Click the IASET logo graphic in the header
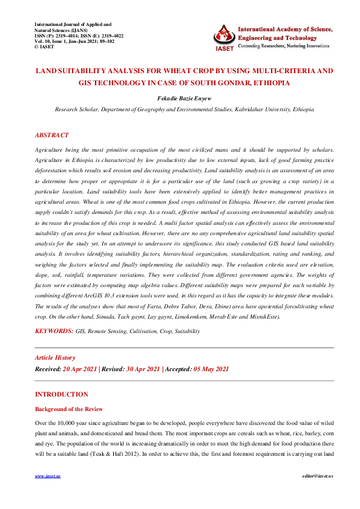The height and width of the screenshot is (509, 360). tap(223, 36)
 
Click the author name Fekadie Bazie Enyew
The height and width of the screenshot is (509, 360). tap(180, 97)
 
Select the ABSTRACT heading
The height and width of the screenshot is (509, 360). tap(52, 135)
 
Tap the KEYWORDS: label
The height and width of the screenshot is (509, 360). tap(54, 332)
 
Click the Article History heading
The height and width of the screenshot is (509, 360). tap(55, 358)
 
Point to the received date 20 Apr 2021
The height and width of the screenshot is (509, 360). tap(80, 369)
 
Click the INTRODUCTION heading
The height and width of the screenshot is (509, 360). tap(62, 394)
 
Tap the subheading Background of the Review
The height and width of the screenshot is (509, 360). tap(69, 409)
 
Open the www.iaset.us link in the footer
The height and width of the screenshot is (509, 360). tap(48, 476)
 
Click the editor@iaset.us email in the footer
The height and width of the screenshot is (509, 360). tap(310, 476)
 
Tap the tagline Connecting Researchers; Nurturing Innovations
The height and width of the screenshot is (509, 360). tap(283, 46)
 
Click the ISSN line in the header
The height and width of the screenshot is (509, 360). tap(79, 36)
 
